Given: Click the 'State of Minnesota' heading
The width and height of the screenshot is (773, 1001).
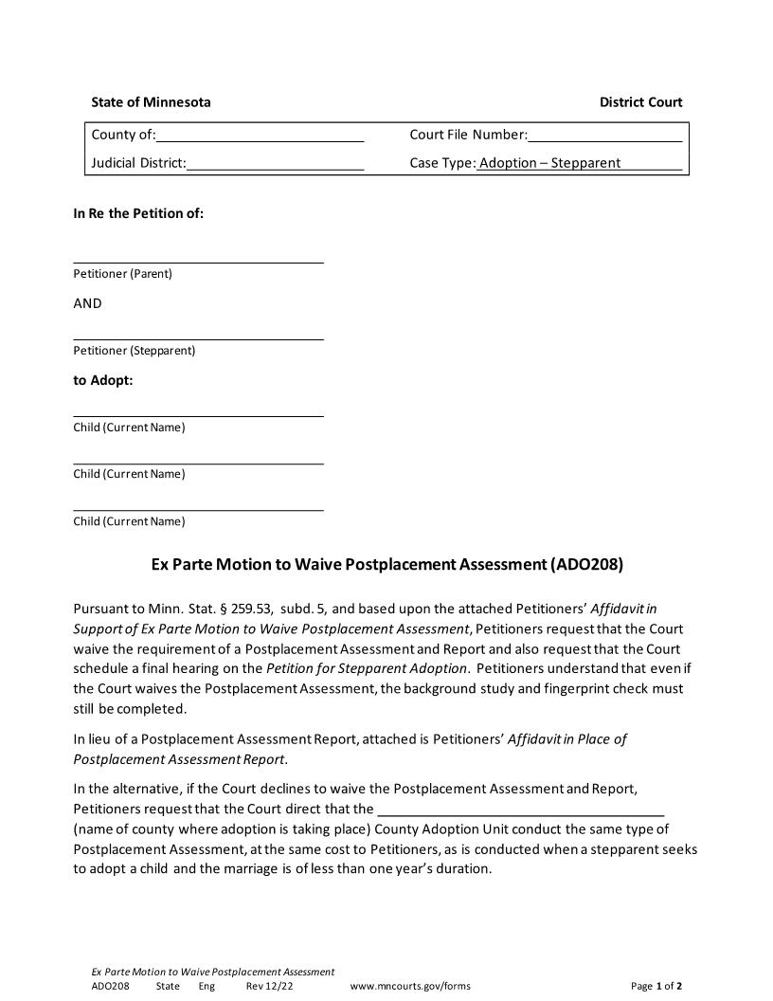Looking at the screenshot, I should click(151, 102).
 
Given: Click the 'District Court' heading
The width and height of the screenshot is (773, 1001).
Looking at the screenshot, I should click(640, 102).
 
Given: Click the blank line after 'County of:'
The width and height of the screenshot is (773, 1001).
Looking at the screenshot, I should click(260, 136).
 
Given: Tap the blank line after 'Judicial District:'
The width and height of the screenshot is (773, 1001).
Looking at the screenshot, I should click(275, 165).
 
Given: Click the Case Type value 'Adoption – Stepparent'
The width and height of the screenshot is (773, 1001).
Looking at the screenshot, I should click(549, 163).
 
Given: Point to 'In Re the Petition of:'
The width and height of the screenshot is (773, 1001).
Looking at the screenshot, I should click(138, 213).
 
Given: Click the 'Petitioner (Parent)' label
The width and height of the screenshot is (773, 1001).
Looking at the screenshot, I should click(123, 274).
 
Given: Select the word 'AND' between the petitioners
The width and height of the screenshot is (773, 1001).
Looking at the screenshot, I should click(87, 303).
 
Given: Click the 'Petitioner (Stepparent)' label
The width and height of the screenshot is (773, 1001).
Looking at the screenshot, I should click(135, 351).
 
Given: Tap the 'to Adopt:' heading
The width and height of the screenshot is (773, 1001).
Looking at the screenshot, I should click(103, 380).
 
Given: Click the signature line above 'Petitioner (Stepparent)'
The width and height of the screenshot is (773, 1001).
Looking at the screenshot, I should click(198, 337).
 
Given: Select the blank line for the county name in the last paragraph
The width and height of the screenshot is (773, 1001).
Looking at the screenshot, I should click(520, 812).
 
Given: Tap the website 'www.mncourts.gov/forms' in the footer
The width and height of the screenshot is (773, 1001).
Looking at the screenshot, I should click(410, 987).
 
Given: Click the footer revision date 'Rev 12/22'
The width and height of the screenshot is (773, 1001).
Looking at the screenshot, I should click(270, 987).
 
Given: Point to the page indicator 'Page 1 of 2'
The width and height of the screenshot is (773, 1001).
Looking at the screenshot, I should click(656, 987).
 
